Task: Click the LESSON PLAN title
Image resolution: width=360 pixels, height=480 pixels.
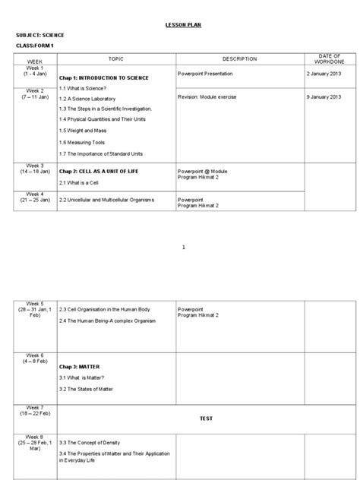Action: coord(184,25)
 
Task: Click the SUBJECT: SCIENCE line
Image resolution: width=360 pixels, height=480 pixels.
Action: coord(39,36)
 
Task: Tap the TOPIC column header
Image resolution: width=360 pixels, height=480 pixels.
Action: coord(115,58)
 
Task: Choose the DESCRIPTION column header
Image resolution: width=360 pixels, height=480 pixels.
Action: coord(239,58)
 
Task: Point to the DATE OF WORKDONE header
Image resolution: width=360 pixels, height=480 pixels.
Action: coord(330,58)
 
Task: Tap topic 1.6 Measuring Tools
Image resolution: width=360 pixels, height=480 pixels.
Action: coord(86,142)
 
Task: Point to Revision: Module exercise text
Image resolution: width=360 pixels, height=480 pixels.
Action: coord(213,97)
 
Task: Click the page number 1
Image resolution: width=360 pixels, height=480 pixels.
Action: coord(184,248)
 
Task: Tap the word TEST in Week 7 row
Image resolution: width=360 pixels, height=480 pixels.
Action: coord(207,418)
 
